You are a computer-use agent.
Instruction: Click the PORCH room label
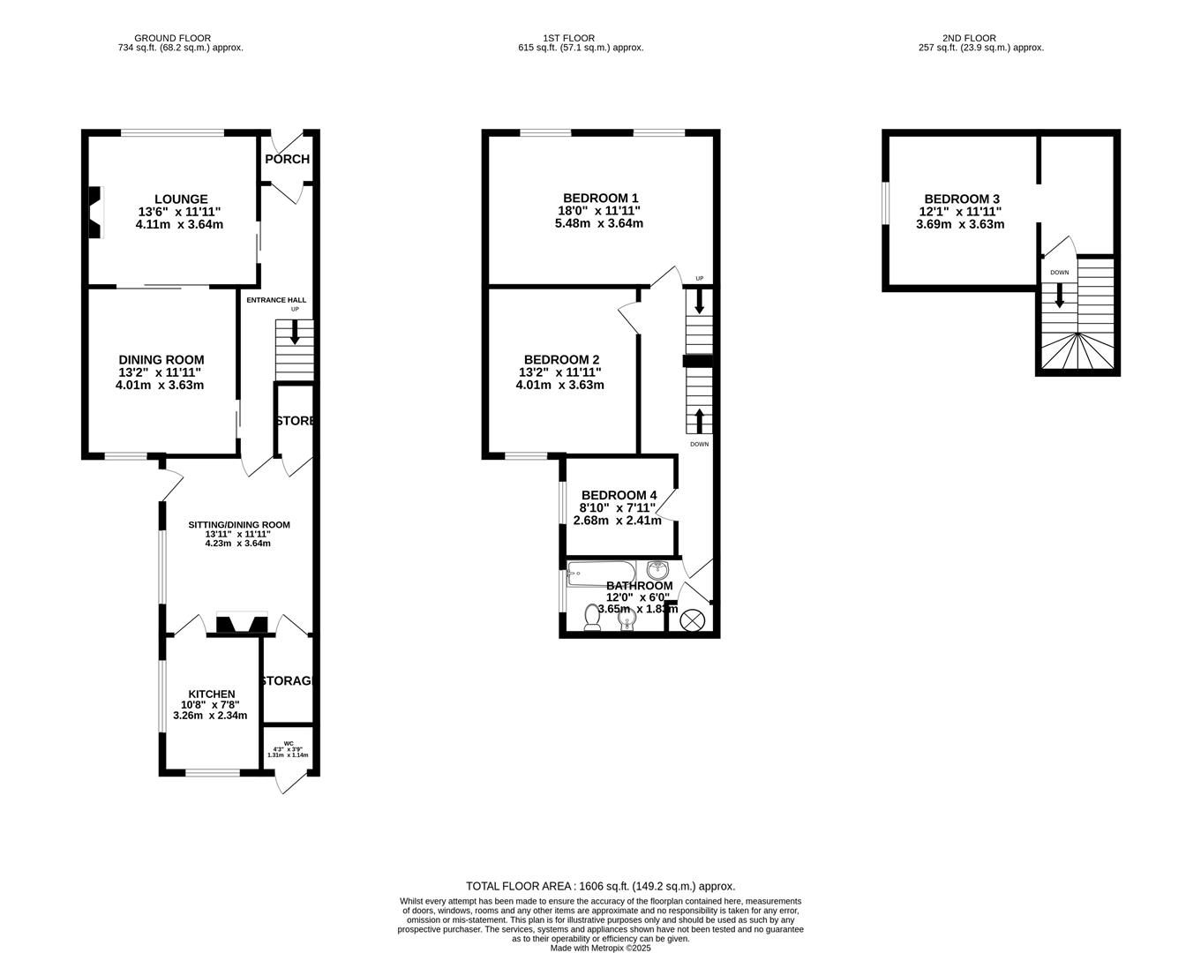point(287,160)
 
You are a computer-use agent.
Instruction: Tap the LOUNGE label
point(181,199)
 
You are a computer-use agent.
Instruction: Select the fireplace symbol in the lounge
point(94,213)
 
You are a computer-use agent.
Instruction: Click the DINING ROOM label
point(161,360)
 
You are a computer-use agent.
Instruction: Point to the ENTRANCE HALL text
point(276,300)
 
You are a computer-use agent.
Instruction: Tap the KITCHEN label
point(211,694)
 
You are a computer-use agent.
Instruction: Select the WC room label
point(289,744)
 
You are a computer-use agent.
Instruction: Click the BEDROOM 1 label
point(600,199)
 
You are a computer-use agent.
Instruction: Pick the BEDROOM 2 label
point(561,360)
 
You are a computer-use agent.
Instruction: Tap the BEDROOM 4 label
point(619,495)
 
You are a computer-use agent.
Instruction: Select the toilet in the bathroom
point(593,617)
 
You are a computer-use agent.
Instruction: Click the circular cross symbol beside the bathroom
point(692,620)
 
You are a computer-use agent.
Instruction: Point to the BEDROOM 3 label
point(962,199)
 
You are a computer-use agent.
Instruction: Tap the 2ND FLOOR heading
point(969,38)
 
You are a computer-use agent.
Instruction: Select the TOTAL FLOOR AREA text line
point(600,886)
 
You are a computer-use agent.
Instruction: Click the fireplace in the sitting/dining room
point(242,624)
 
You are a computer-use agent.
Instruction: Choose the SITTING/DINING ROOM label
point(238,525)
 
